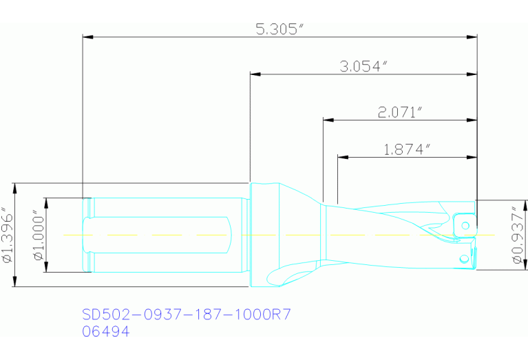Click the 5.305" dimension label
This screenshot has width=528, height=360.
pos(279,29)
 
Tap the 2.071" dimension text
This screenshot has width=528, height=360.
pos(399,112)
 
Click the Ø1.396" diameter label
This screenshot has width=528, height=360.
pos(8,235)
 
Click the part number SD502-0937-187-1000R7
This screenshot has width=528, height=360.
pos(187,315)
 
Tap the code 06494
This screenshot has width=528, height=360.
pos(105,331)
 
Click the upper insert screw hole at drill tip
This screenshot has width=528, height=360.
pos(466,225)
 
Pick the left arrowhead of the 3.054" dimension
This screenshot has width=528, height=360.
pos(253,72)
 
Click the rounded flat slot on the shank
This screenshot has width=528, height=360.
pos(158,235)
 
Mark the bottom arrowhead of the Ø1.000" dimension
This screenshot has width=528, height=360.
pos(47,268)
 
